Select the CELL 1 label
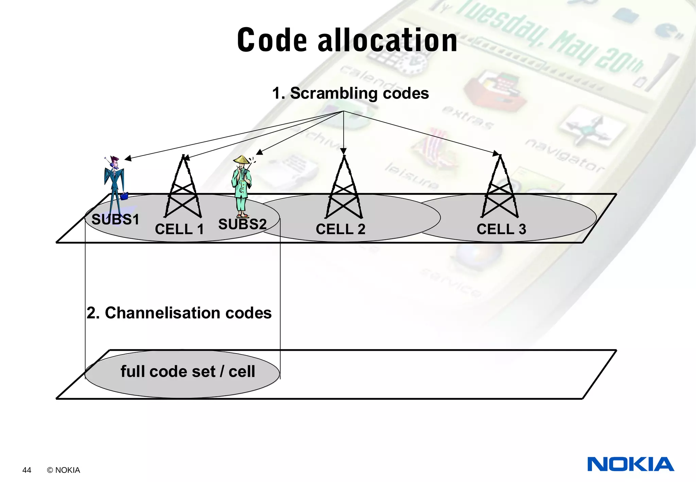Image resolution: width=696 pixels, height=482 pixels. coord(179,229)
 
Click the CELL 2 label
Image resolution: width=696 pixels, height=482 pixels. coord(340,229)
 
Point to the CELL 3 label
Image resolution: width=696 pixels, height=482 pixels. coord(501,229)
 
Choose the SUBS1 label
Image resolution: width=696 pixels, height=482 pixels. coord(116,220)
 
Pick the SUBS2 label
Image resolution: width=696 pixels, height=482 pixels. coord(242,224)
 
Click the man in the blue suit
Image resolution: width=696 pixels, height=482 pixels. coord(115,184)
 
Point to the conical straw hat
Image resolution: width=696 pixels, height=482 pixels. coord(242,159)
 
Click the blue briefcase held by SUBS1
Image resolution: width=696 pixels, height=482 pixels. coord(124,196)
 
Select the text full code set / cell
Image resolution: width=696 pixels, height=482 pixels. coord(188,371)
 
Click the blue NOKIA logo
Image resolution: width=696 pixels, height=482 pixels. coord(630,464)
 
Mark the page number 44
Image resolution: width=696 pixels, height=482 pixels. coord(27,470)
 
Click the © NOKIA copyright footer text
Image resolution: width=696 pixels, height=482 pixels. coord(64,470)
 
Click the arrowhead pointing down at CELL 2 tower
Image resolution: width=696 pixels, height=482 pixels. coord(343,151)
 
